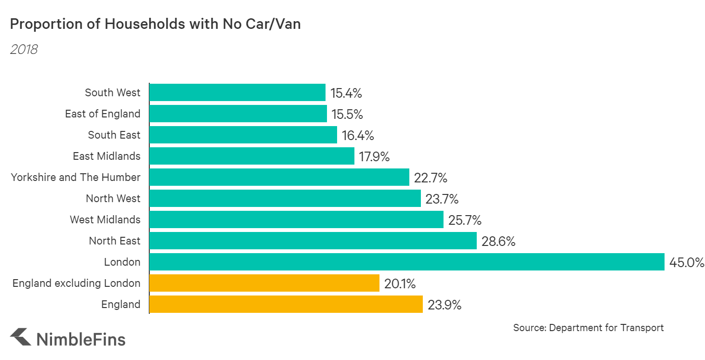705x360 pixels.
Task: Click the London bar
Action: click(407, 262)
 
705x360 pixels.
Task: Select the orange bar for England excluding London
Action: click(264, 283)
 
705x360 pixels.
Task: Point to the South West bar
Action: click(237, 92)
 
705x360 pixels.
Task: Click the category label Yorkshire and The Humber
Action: click(76, 177)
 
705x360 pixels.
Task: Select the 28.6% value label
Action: click(498, 242)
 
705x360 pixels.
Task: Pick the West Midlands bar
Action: click(296, 219)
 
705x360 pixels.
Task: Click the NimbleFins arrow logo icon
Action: click(20, 337)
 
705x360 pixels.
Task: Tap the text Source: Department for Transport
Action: click(588, 328)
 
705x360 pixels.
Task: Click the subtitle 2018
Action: click(24, 49)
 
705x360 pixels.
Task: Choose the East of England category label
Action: click(103, 114)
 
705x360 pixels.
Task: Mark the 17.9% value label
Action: click(374, 157)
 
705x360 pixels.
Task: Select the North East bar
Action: click(313, 241)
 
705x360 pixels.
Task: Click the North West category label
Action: click(113, 198)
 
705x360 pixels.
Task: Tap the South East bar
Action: click(243, 135)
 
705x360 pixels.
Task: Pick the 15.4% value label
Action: click(346, 93)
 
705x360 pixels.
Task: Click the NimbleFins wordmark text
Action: click(81, 339)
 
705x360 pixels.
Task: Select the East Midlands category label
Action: click(106, 156)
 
